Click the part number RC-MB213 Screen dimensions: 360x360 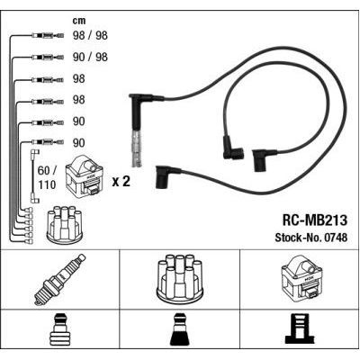coord(314,220)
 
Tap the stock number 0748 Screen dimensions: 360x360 coord(335,238)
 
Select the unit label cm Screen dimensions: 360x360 coord(79,21)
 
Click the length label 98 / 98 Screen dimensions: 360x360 coord(90,35)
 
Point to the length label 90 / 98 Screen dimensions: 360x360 coord(90,57)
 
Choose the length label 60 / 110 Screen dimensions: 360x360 coord(47,177)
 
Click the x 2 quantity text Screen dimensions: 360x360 coord(121,182)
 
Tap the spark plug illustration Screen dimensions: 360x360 coord(59,280)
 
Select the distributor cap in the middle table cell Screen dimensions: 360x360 coord(180,279)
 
